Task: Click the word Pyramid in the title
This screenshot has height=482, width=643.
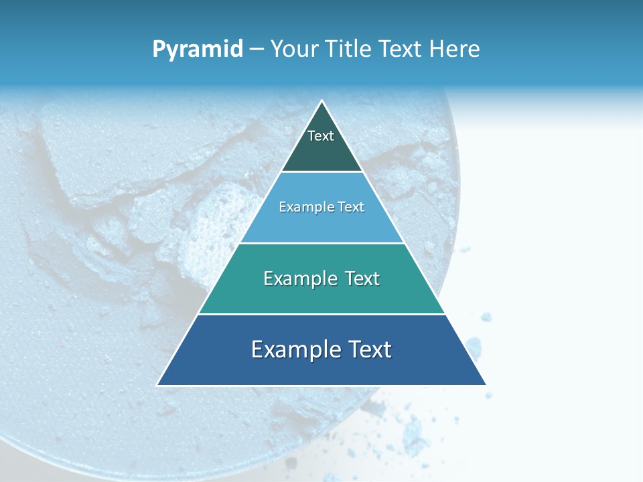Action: pos(197,50)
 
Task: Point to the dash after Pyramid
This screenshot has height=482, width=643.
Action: pos(257,50)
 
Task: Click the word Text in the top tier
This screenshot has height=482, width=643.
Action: pos(321,136)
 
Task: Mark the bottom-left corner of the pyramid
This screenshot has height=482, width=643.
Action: pos(157,385)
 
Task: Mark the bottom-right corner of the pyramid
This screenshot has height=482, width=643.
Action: pos(486,385)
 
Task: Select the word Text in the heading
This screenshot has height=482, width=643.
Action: pos(403,50)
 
